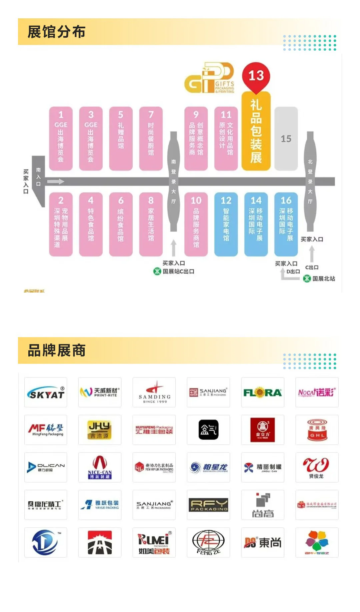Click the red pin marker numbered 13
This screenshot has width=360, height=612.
click(x=256, y=76)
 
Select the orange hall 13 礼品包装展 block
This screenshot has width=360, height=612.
click(x=256, y=132)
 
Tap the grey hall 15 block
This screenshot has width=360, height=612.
click(x=286, y=139)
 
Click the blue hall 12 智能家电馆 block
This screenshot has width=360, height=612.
click(x=226, y=224)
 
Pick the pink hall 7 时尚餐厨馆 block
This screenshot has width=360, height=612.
click(x=151, y=138)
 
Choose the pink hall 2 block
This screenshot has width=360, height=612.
click(x=61, y=224)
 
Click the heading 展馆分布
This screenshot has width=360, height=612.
click(x=56, y=32)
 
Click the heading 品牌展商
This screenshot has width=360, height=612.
click(x=56, y=350)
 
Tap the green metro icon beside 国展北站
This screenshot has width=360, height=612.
click(x=307, y=279)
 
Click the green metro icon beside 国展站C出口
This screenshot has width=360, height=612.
click(x=157, y=271)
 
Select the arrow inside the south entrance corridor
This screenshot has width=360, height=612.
click(x=55, y=182)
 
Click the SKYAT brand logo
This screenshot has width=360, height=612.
click(x=46, y=392)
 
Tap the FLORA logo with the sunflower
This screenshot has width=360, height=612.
click(x=263, y=392)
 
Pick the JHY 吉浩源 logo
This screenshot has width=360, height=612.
click(x=100, y=430)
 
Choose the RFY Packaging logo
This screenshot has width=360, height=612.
click(x=208, y=505)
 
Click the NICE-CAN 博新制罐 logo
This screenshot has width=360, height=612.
click(x=100, y=467)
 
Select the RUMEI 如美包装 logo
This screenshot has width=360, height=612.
click(x=154, y=542)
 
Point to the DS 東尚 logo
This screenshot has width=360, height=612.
click(x=263, y=542)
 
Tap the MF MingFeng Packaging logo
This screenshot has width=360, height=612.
click(x=46, y=430)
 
